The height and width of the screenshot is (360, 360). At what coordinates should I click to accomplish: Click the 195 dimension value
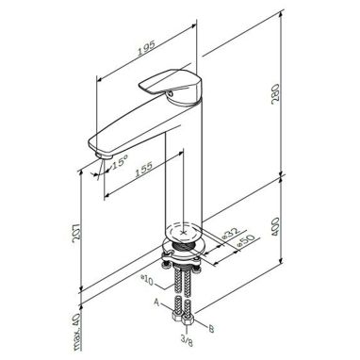pos(147,48)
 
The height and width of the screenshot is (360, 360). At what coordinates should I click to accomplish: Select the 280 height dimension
pos(275,93)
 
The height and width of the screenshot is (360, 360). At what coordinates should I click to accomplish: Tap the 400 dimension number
pos(275,227)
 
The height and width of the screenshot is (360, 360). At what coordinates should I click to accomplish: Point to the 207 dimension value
pos(77,233)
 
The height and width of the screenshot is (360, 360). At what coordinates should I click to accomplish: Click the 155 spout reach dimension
pos(144,170)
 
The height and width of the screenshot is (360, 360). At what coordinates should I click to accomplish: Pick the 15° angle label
pos(119,163)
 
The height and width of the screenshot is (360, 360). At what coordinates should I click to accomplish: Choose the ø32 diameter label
pos(231,233)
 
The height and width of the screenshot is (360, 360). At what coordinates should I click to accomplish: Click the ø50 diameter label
pos(245,240)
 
